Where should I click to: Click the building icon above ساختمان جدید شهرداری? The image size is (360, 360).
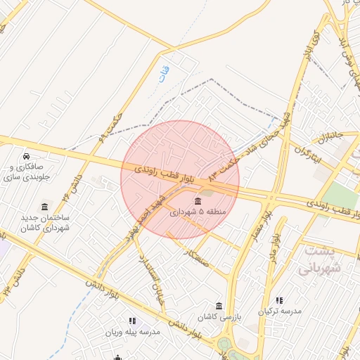point(46,207)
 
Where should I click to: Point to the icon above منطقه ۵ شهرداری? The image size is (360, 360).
point(196,200)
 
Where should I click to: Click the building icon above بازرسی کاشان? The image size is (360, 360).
point(219,306)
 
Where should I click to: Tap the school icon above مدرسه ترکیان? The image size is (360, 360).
point(280,300)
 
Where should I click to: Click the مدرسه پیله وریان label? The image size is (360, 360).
point(133,331)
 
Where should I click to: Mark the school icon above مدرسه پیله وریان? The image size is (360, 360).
point(133,321)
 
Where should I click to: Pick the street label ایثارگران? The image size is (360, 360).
point(307,154)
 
